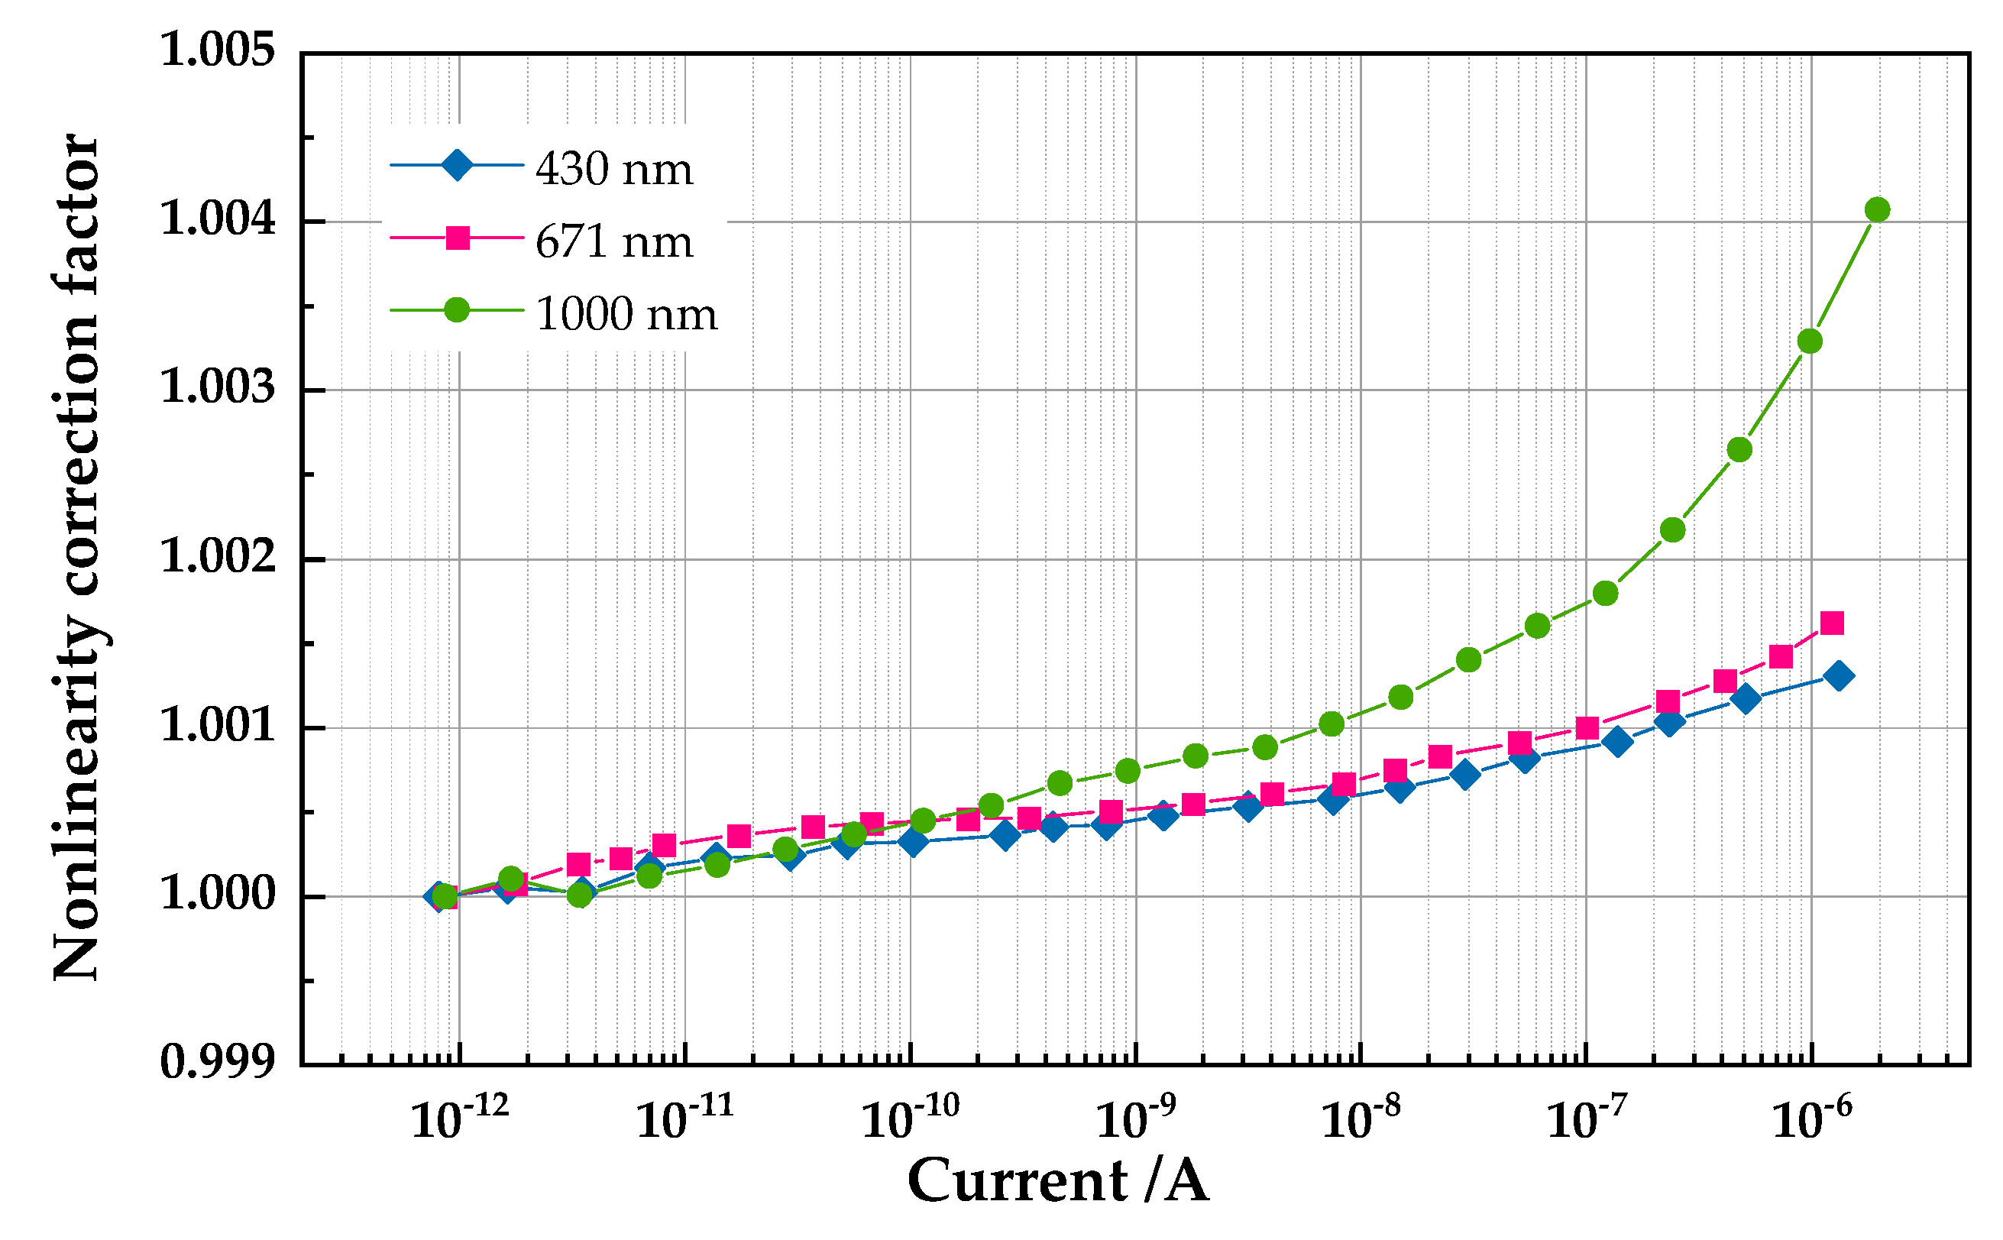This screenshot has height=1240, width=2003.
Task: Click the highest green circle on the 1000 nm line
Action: [x=1878, y=210]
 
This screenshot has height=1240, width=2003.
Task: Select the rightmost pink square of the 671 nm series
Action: [x=1833, y=623]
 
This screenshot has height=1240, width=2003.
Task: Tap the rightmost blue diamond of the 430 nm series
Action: [x=1839, y=675]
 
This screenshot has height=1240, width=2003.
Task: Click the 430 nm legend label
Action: [x=614, y=170]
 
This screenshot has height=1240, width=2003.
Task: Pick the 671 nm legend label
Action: [x=614, y=242]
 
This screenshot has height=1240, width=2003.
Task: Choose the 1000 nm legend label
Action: [x=626, y=314]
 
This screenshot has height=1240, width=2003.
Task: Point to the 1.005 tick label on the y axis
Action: [x=217, y=51]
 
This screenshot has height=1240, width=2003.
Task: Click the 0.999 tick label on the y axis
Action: [x=217, y=1062]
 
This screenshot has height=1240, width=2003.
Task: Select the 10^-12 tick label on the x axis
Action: [x=459, y=1117]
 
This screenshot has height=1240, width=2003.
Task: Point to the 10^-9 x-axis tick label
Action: [x=1135, y=1117]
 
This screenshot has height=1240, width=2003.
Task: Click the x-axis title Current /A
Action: [x=1058, y=1181]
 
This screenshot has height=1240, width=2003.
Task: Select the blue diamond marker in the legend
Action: [x=457, y=165]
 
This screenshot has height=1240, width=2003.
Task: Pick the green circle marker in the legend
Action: [x=457, y=310]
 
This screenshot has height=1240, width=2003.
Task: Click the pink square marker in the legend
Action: [x=457, y=238]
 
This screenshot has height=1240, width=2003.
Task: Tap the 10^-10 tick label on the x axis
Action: [x=910, y=1117]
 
